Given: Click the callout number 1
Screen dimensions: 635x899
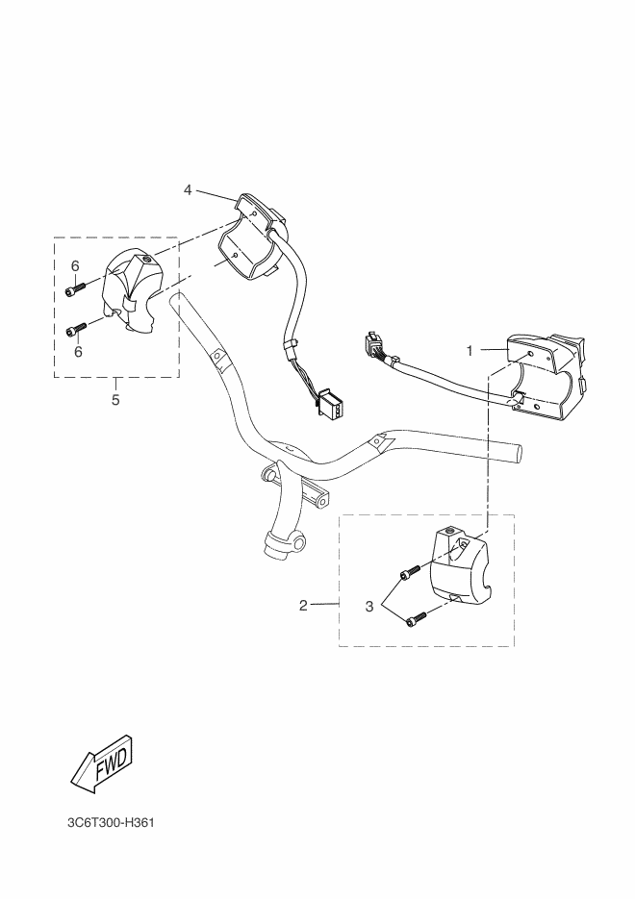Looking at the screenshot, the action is point(470,350).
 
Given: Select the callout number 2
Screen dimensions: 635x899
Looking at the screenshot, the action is point(303,605).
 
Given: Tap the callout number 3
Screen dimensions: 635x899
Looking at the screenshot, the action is point(369,606).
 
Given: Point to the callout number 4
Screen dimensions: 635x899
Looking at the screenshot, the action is point(188,189).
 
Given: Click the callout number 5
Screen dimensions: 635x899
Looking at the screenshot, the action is point(115,400).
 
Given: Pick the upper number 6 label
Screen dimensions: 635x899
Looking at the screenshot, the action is point(75,266).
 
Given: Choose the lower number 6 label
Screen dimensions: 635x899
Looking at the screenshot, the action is point(78,351).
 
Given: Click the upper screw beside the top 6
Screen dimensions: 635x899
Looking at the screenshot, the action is point(76,289).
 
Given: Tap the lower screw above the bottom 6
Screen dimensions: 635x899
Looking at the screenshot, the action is point(77,329).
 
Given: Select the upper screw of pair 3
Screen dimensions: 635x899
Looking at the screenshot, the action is point(410,572).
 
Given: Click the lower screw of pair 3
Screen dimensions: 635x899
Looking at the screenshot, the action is point(417,619).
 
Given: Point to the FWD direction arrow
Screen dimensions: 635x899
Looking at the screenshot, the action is point(103,763).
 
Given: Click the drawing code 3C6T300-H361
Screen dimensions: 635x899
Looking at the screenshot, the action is point(111,823).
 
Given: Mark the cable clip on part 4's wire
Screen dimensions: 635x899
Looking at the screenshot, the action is point(292,346).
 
